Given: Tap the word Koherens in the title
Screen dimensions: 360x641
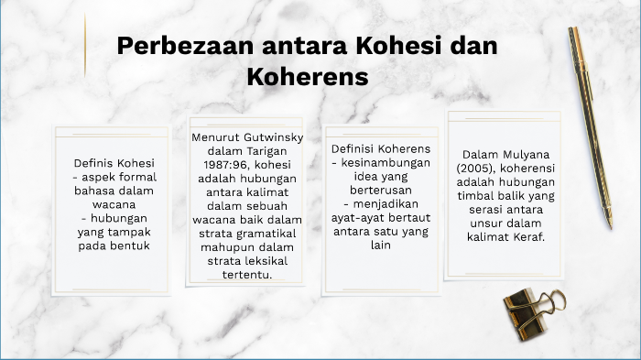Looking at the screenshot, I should (x=307, y=77).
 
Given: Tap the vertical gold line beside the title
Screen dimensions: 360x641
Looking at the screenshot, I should (x=85, y=45).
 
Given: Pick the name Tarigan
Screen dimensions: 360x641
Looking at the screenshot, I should (x=264, y=151).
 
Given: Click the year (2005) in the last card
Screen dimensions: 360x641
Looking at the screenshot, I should (x=482, y=169).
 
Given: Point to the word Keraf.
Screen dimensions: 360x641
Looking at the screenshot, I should (x=526, y=237).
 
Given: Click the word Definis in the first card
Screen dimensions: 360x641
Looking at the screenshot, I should (x=96, y=163).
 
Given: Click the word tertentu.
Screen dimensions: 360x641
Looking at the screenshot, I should (x=248, y=275).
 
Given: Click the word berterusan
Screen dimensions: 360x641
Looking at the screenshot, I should (x=369, y=191).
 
